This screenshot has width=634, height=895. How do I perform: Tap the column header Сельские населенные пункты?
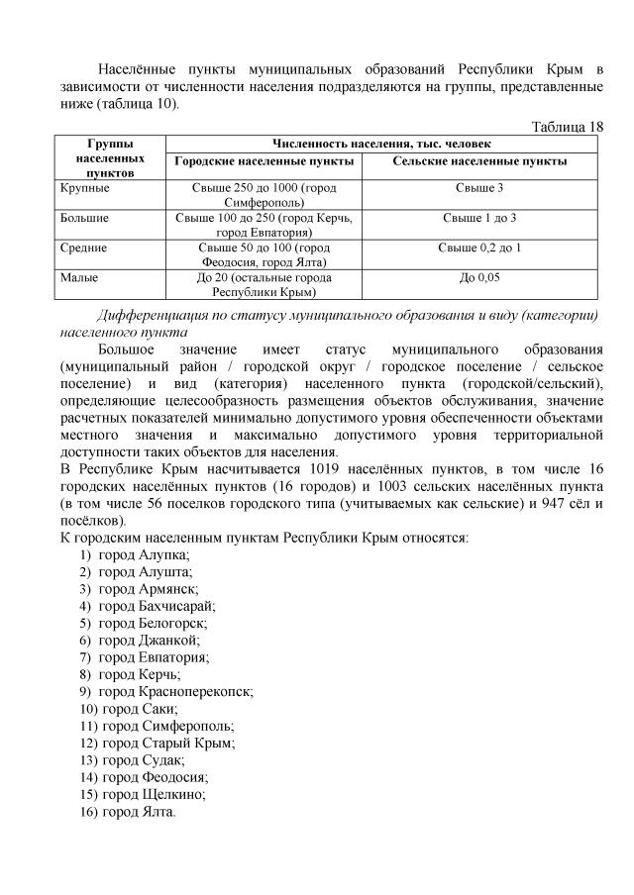(479, 160)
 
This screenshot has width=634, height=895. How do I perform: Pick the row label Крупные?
(85, 187)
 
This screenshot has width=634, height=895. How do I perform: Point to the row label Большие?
(85, 217)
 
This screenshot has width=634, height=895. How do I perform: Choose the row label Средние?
(84, 248)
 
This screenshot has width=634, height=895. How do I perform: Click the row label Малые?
(79, 278)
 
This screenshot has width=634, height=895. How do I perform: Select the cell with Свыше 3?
(479, 187)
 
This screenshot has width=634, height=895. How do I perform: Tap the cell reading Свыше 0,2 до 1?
(479, 248)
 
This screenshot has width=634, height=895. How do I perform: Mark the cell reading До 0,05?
(479, 278)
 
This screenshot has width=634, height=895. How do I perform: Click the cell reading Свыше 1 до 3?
(479, 217)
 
